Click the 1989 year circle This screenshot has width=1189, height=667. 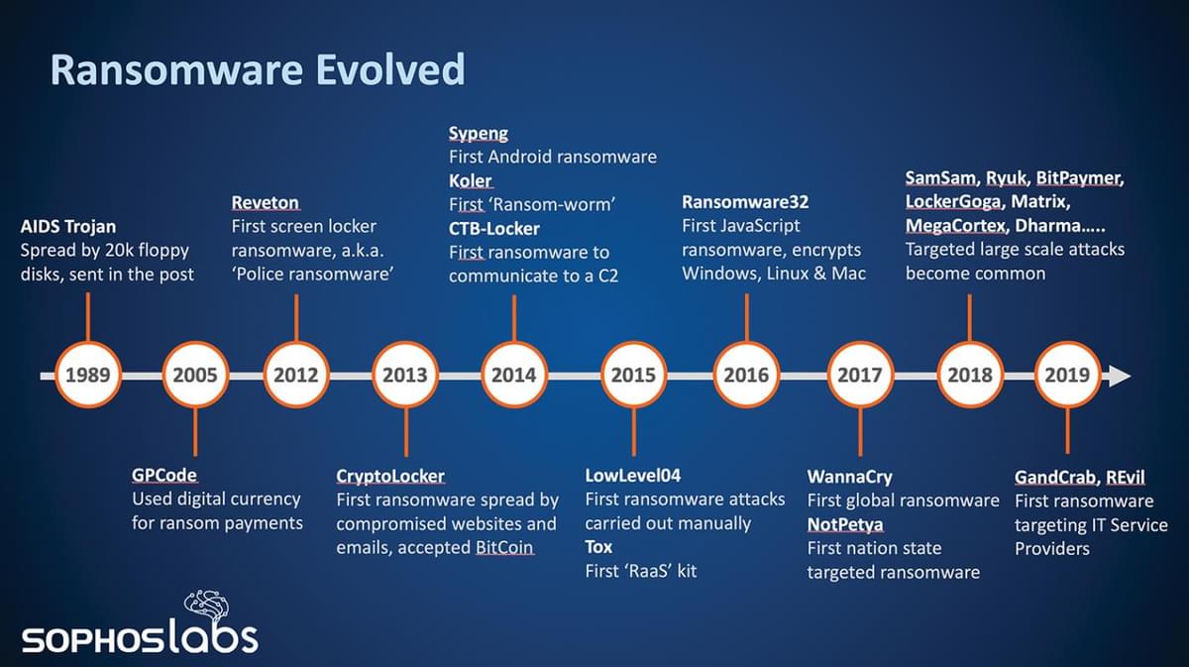pyautogui.click(x=88, y=375)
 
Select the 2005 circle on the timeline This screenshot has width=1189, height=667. pyautogui.click(x=195, y=375)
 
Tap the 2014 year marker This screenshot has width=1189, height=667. pyautogui.click(x=514, y=375)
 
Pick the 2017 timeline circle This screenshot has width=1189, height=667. pyautogui.click(x=860, y=375)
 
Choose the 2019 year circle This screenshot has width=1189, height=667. pyautogui.click(x=1067, y=375)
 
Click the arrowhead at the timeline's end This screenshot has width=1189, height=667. pyautogui.click(x=1119, y=376)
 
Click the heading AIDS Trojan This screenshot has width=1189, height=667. pyautogui.click(x=68, y=227)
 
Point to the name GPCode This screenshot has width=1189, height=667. pyautogui.click(x=164, y=475)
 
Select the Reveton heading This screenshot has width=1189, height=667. pyautogui.click(x=265, y=202)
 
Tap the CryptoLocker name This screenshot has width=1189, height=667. pyautogui.click(x=390, y=477)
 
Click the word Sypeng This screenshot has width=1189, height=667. pyautogui.click(x=479, y=133)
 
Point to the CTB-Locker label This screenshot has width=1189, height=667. pyautogui.click(x=493, y=229)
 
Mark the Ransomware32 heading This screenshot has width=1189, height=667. pyautogui.click(x=745, y=202)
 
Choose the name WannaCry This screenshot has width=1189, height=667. pyautogui.click(x=849, y=477)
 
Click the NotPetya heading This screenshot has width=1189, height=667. pyautogui.click(x=845, y=524)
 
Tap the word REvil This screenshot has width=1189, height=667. pyautogui.click(x=1126, y=478)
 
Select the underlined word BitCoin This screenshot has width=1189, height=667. pyautogui.click(x=504, y=547)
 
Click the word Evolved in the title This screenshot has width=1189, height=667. pyautogui.click(x=390, y=69)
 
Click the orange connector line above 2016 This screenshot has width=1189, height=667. pyautogui.click(x=747, y=317)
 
